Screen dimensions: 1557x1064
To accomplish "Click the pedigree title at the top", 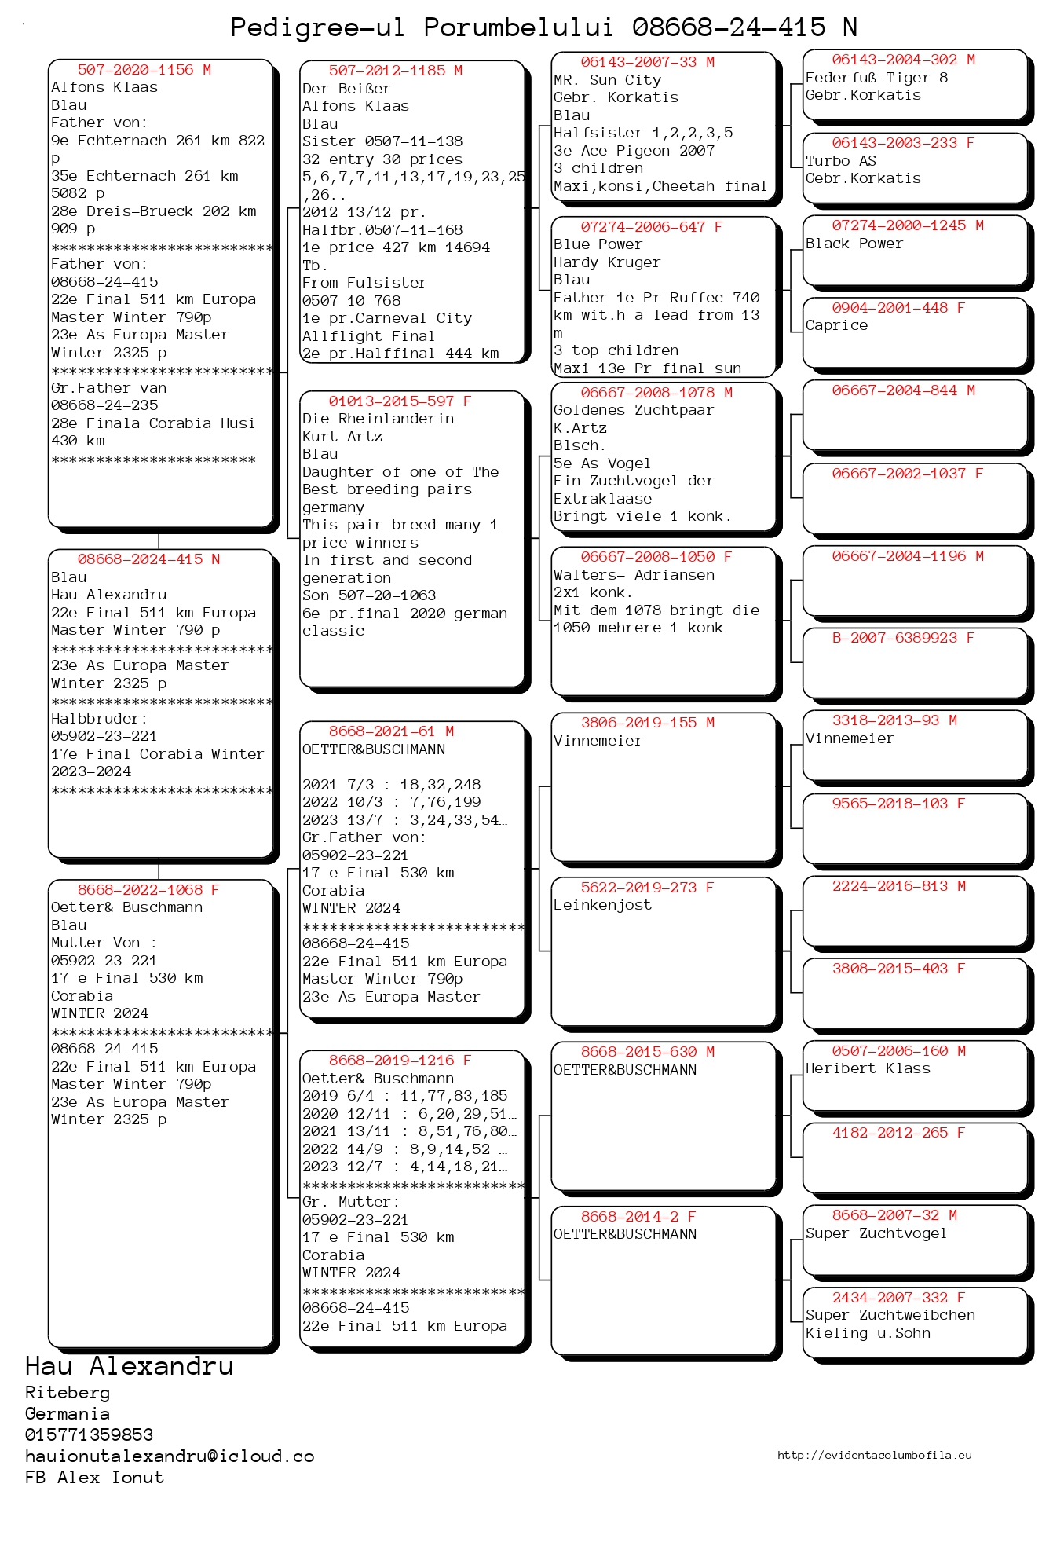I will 543,27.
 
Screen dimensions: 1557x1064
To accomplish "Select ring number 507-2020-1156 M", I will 144,70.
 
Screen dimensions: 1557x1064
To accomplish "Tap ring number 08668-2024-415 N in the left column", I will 148,559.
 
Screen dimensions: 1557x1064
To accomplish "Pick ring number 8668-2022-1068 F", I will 148,890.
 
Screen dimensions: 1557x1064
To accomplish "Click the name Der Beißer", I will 346,89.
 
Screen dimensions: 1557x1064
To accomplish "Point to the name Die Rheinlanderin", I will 378,419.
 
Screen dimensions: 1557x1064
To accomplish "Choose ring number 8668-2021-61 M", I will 391,731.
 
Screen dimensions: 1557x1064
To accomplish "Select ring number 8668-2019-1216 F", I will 400,1061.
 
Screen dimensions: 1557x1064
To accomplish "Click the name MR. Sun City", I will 607,80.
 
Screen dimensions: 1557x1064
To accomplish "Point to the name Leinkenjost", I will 602,905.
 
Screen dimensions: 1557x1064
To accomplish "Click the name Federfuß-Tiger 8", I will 876,78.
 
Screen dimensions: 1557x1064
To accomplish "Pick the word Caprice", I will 836,325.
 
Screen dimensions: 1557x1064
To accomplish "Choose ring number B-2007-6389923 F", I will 903,638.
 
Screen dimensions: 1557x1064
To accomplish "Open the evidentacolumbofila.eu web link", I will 874,1455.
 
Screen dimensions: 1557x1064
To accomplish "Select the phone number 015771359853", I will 89,1434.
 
